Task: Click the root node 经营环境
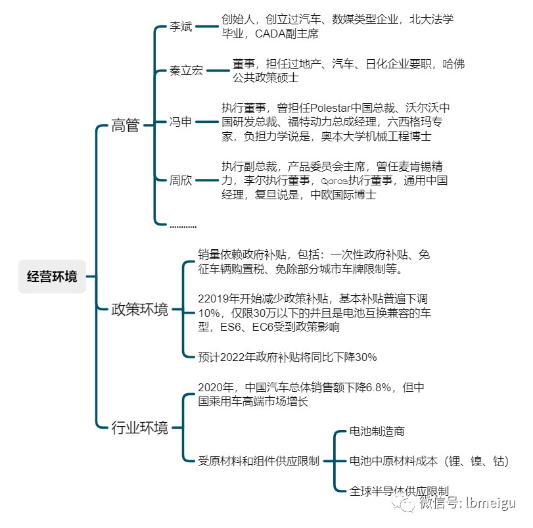[52, 276]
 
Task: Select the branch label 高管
[126, 125]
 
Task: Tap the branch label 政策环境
[140, 310]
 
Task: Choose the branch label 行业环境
[140, 427]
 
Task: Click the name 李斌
[181, 26]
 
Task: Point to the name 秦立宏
[186, 70]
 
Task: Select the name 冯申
[181, 122]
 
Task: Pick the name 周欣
[181, 180]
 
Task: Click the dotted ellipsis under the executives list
[183, 227]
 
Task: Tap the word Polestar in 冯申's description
[330, 108]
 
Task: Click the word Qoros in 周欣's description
[335, 181]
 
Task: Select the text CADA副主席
[287, 34]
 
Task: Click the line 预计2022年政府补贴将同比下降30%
[287, 357]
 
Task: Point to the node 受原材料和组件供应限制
[259, 461]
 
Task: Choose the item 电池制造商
[377, 431]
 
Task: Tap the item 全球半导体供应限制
[399, 491]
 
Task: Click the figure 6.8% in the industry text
[379, 387]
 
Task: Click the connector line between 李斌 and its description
[206, 26]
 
